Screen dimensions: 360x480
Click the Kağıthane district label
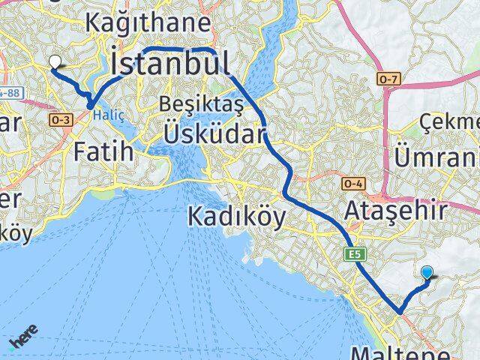[148, 22]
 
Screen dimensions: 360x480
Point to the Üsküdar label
[215, 134]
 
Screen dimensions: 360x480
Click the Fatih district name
[103, 151]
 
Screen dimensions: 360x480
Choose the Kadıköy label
[236, 217]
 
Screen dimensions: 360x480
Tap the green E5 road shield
[355, 256]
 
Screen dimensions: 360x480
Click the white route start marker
[55, 63]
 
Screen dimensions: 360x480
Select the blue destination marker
[427, 274]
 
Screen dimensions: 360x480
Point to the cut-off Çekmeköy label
[450, 121]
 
